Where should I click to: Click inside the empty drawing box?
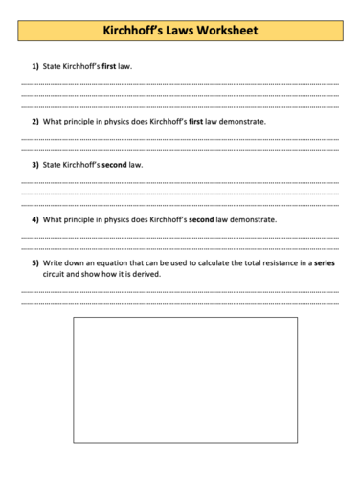point(185,378)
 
